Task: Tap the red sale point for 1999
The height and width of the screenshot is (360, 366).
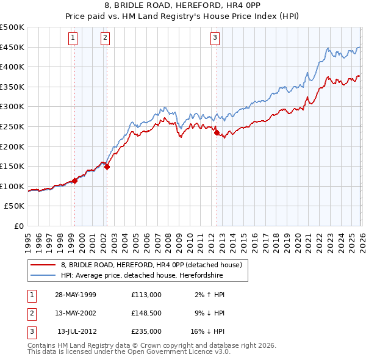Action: (x=75, y=181)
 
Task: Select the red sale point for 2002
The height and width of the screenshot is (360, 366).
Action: (x=107, y=167)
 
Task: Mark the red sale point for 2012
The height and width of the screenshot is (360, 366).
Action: (x=216, y=132)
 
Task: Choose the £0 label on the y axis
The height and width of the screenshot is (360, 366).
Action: (x=19, y=226)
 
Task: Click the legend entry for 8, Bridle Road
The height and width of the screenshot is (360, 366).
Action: (x=151, y=265)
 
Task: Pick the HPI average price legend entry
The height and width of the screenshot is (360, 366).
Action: (x=142, y=275)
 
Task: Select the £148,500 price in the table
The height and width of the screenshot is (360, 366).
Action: (x=146, y=313)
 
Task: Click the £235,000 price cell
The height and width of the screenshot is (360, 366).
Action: (x=146, y=331)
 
